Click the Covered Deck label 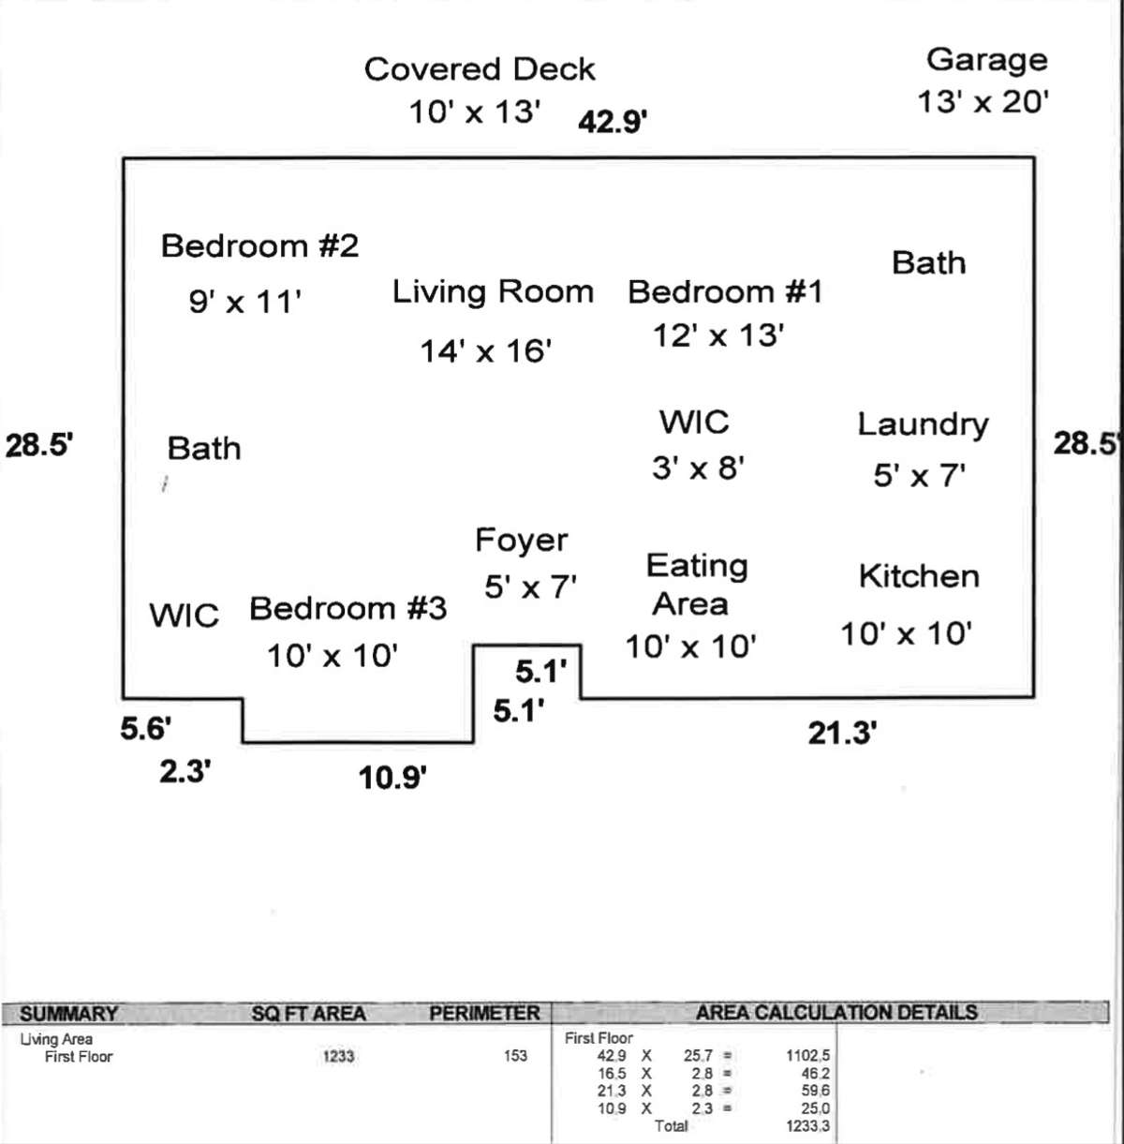pyautogui.click(x=480, y=69)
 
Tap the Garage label pyautogui.click(x=987, y=61)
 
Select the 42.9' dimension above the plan pyautogui.click(x=613, y=122)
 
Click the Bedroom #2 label pyautogui.click(x=260, y=245)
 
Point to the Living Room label pyautogui.click(x=493, y=292)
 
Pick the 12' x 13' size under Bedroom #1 pyautogui.click(x=718, y=335)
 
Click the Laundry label pyautogui.click(x=923, y=425)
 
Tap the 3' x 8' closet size pyautogui.click(x=698, y=468)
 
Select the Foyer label pyautogui.click(x=522, y=541)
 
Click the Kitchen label pyautogui.click(x=919, y=576)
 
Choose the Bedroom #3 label pyautogui.click(x=348, y=608)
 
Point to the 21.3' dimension pyautogui.click(x=842, y=734)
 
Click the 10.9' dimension pyautogui.click(x=392, y=778)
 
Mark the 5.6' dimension pyautogui.click(x=146, y=729)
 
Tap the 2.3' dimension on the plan pyautogui.click(x=185, y=772)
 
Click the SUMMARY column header pyautogui.click(x=69, y=1014)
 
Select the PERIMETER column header pyautogui.click(x=484, y=1014)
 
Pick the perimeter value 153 pyautogui.click(x=515, y=1056)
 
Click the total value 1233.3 pyautogui.click(x=807, y=1126)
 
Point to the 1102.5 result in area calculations pyautogui.click(x=807, y=1056)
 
